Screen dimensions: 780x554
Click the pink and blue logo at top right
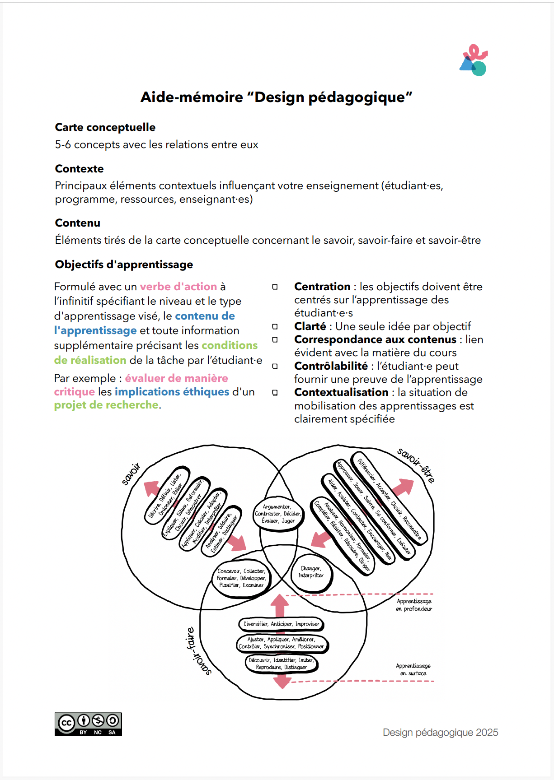coord(474,60)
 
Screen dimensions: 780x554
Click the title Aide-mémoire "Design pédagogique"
coord(276,97)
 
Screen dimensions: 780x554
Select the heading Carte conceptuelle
coord(105,127)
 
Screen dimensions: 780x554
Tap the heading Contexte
coord(79,169)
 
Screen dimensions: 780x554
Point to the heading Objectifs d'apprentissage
coord(124,265)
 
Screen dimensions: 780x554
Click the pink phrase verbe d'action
coord(178,287)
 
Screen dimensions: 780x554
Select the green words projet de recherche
coord(106,405)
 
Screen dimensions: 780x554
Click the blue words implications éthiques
coord(172,392)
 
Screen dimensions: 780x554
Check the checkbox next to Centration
coord(275,287)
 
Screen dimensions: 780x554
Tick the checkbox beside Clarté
coord(275,326)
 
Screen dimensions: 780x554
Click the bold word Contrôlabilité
coord(331,366)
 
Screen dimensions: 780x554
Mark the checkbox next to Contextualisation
coord(275,393)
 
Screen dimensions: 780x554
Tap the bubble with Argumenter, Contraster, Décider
coord(278,514)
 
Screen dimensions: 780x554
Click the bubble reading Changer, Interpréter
coord(311,572)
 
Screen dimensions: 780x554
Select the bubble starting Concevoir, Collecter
coord(241,578)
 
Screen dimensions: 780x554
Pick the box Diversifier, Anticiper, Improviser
coord(281,624)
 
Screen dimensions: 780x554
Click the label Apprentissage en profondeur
coord(414,605)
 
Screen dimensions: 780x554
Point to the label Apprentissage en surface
coord(413,669)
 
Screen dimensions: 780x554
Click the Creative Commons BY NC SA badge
coord(88,724)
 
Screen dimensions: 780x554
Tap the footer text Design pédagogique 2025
coord(440,732)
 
